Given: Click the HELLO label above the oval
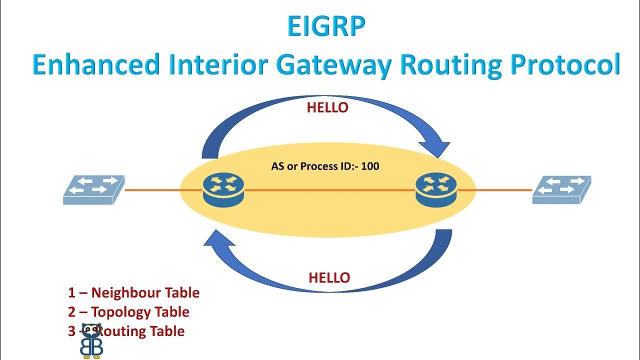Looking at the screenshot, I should pyautogui.click(x=327, y=107).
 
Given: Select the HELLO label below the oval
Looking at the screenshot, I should pyautogui.click(x=329, y=278).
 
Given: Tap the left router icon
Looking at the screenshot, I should pyautogui.click(x=223, y=190).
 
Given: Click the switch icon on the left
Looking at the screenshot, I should pyautogui.click(x=93, y=189).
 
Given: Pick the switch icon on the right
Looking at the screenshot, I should pyautogui.click(x=561, y=189).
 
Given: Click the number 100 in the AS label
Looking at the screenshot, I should pyautogui.click(x=370, y=166).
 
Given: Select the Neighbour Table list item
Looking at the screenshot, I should pyautogui.click(x=133, y=292).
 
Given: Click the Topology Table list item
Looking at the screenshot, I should pyautogui.click(x=128, y=312).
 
